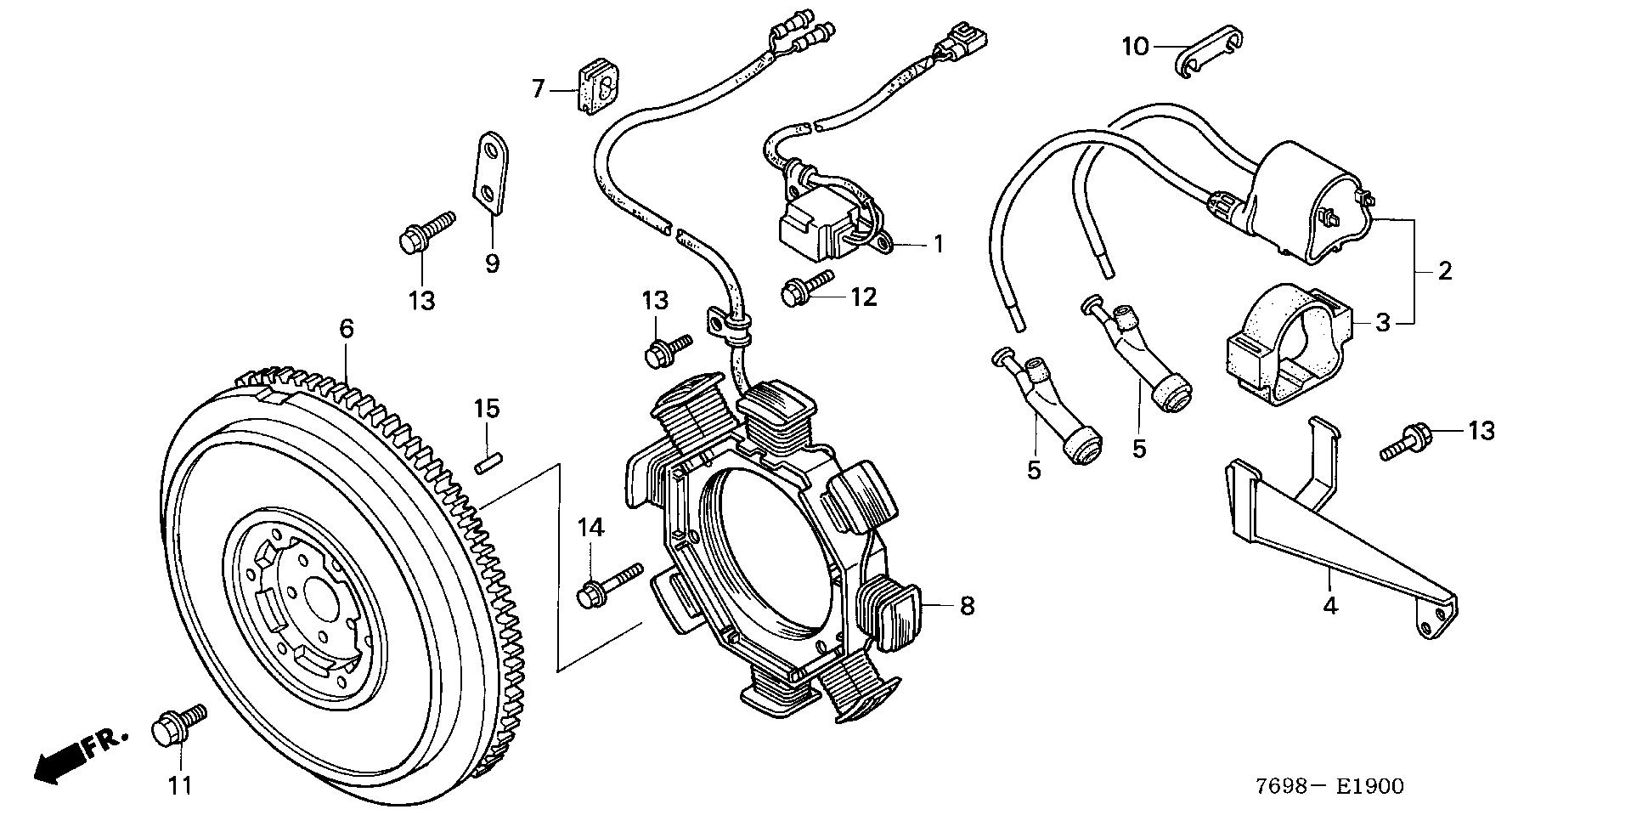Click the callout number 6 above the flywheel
346,328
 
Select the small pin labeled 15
487,466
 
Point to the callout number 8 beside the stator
967,606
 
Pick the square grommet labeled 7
596,88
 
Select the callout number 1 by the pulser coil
939,245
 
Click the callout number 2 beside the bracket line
1445,272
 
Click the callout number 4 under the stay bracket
1330,605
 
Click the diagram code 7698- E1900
1324,786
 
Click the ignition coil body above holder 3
1300,204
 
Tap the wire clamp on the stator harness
728,325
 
